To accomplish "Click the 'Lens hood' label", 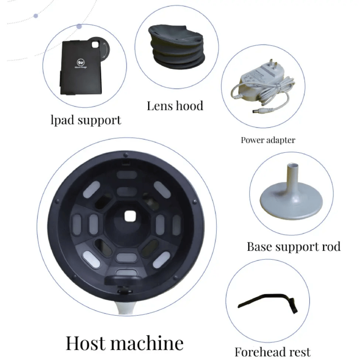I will [x=175, y=106].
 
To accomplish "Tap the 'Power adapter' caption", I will [x=268, y=140].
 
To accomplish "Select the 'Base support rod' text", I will [x=293, y=246].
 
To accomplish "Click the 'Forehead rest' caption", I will [x=272, y=352].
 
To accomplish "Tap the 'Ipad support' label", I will [x=86, y=120].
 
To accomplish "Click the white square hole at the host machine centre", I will [x=129, y=216].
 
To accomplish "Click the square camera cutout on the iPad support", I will [x=96, y=45].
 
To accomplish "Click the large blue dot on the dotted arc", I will [x=79, y=27].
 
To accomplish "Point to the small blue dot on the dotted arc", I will [x=36, y=16].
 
